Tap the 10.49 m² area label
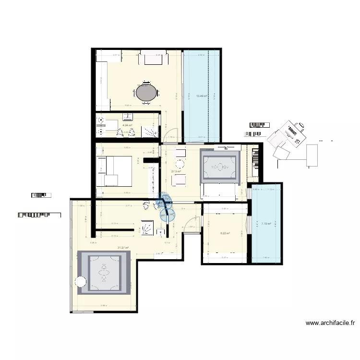click(x=202, y=96)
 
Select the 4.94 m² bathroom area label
click(x=127, y=125)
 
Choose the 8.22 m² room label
click(x=225, y=234)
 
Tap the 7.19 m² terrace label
click(x=266, y=224)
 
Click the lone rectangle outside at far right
click(x=312, y=155)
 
